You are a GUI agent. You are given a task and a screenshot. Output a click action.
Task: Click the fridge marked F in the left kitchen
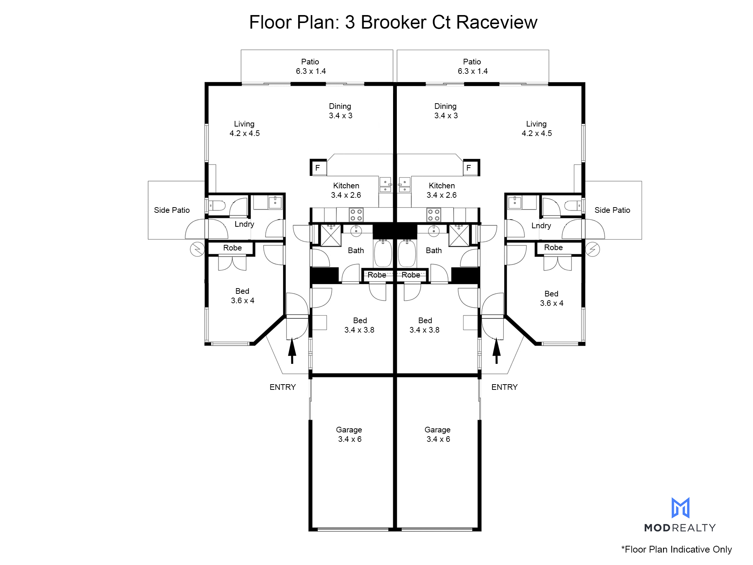pyautogui.click(x=318, y=168)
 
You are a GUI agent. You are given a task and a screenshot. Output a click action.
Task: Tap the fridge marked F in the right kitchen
pyautogui.click(x=471, y=168)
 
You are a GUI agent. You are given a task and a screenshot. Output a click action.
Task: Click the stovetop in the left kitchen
pyautogui.click(x=356, y=215)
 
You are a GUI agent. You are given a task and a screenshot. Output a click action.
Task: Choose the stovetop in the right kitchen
pyautogui.click(x=434, y=215)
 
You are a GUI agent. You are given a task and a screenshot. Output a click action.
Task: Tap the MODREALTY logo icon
pyautogui.click(x=680, y=508)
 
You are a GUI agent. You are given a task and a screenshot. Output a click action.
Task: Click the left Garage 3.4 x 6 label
pyautogui.click(x=349, y=434)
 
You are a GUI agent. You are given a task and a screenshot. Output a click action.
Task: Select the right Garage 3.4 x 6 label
pyautogui.click(x=438, y=434)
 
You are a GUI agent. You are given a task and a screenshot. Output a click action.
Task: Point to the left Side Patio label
pyautogui.click(x=172, y=210)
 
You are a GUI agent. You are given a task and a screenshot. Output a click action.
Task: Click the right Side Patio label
pyautogui.click(x=612, y=210)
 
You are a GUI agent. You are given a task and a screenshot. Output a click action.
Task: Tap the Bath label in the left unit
pyautogui.click(x=356, y=250)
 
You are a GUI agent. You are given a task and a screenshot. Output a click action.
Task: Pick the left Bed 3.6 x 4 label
pyautogui.click(x=242, y=296)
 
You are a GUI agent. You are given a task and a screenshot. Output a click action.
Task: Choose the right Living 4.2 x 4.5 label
pyautogui.click(x=537, y=128)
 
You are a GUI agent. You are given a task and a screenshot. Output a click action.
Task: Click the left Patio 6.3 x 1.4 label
pyautogui.click(x=311, y=66)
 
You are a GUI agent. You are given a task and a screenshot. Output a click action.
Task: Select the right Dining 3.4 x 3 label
pyautogui.click(x=446, y=111)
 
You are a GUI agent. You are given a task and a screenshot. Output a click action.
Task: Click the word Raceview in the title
pyautogui.click(x=497, y=22)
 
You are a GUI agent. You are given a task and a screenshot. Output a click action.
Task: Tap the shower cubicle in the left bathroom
pyautogui.click(x=331, y=235)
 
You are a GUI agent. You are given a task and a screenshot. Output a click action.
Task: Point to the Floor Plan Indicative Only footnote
pyautogui.click(x=677, y=550)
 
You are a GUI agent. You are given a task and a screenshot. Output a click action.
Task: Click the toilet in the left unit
pyautogui.click(x=216, y=206)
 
